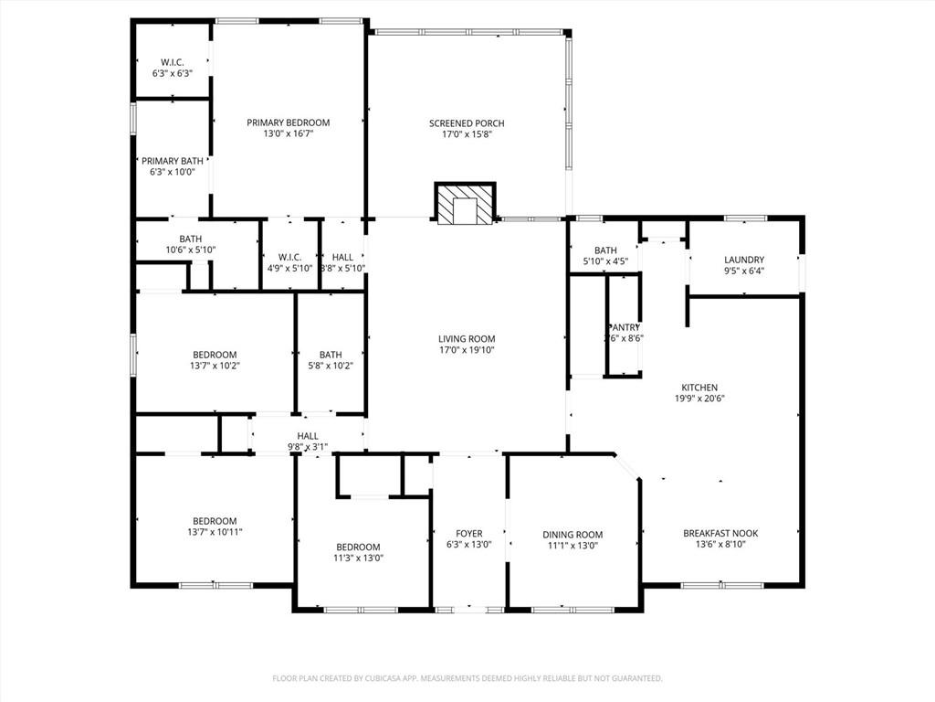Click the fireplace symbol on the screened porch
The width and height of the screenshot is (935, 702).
[466, 204]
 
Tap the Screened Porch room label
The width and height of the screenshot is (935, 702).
[467, 123]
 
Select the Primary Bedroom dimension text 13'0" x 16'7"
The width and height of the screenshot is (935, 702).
[289, 133]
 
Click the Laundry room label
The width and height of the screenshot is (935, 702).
[744, 260]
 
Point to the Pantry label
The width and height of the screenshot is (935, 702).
[625, 327]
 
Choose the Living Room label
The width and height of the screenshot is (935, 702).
[467, 339]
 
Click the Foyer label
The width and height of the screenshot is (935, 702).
[469, 534]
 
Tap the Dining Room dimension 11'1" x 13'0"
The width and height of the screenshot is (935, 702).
[573, 546]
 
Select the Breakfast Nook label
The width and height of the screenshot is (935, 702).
[720, 534]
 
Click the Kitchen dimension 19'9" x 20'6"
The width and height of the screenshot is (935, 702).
[699, 399]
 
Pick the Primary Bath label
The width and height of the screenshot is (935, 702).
[173, 161]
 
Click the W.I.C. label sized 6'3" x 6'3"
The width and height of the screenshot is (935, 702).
[173, 62]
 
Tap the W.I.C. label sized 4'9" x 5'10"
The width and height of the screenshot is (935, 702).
[289, 257]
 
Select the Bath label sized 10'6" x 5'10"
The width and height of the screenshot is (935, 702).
[191, 239]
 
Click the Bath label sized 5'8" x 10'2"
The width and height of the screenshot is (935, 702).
[331, 355]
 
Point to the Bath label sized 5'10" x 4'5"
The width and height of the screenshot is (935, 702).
[605, 250]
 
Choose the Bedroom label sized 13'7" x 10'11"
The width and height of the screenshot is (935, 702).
[215, 521]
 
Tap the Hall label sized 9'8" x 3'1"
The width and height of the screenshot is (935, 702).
[308, 436]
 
